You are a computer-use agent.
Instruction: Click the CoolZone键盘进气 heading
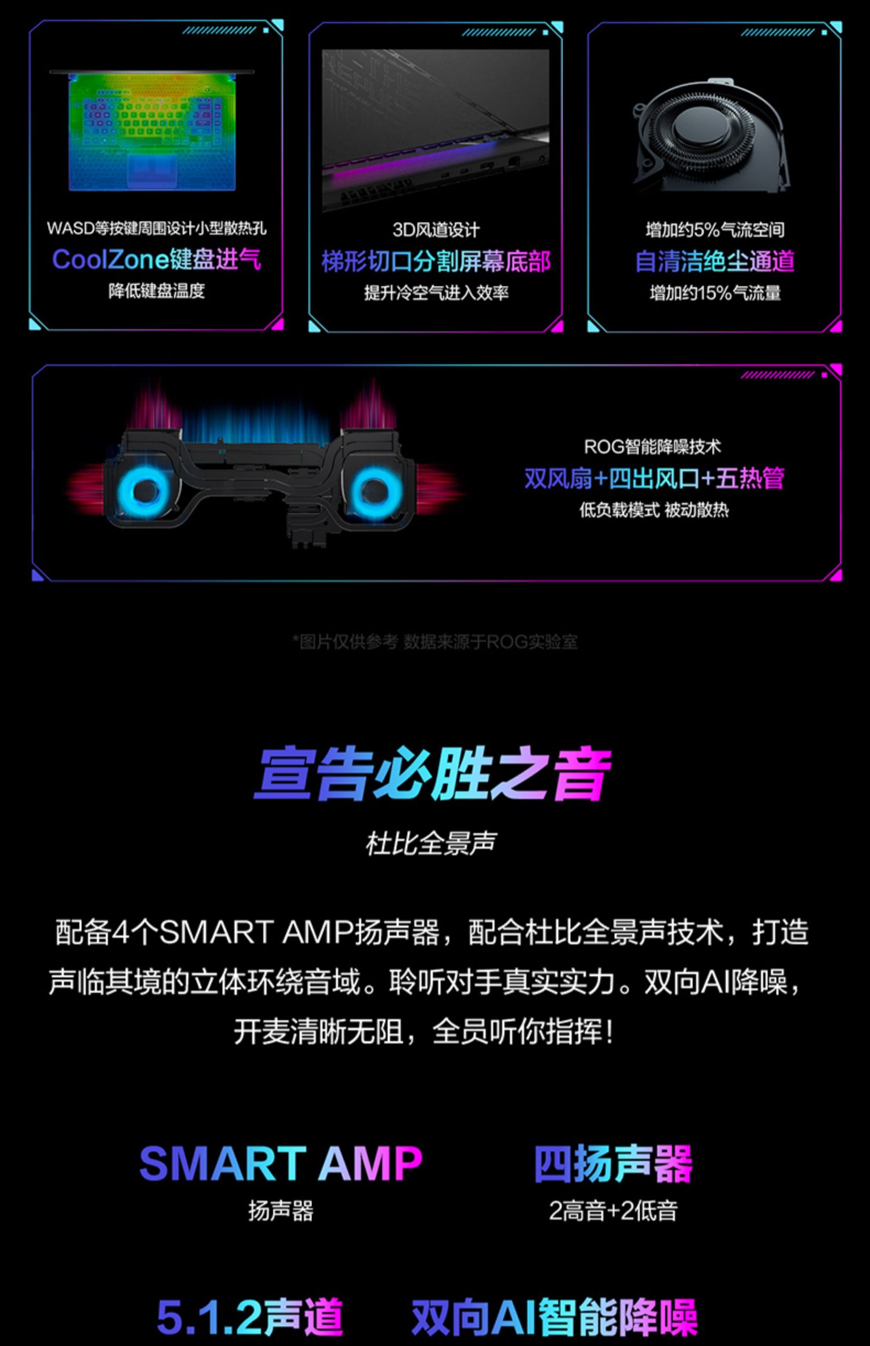click(x=157, y=259)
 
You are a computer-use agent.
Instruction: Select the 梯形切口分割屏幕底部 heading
click(x=436, y=261)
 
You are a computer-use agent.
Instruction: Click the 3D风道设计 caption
click(x=436, y=230)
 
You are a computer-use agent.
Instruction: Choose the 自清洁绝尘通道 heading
click(x=715, y=261)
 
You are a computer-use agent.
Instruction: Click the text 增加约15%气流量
click(x=715, y=293)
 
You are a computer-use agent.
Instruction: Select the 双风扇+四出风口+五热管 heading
click(x=654, y=479)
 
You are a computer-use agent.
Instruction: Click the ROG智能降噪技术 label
click(x=652, y=447)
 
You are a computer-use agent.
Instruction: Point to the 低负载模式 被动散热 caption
click(x=654, y=510)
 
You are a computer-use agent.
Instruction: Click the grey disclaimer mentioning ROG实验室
click(x=435, y=642)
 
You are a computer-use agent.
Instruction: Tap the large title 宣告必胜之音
click(x=433, y=774)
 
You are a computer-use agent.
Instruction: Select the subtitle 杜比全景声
click(x=430, y=843)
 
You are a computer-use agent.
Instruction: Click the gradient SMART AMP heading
click(x=281, y=1163)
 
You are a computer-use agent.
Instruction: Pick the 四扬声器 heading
click(x=613, y=1163)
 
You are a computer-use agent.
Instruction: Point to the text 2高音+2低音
click(x=613, y=1210)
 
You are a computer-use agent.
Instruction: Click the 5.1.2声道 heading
click(x=249, y=1317)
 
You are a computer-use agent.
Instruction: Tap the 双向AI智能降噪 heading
click(x=554, y=1317)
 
